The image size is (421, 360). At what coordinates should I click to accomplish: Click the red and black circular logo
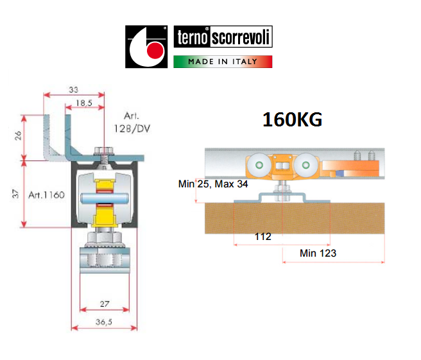[146, 47]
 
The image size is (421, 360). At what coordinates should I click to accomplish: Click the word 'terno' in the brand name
[191, 38]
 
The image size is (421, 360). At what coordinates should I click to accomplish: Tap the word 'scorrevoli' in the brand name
[241, 38]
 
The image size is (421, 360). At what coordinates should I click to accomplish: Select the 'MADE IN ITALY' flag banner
[223, 62]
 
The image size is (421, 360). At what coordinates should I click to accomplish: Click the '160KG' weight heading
[292, 120]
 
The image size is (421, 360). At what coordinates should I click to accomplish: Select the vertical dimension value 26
[18, 136]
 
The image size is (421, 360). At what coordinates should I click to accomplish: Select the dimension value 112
[263, 236]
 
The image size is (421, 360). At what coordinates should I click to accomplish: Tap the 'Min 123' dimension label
[318, 253]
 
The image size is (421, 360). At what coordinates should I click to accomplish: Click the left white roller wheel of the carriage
[258, 167]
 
